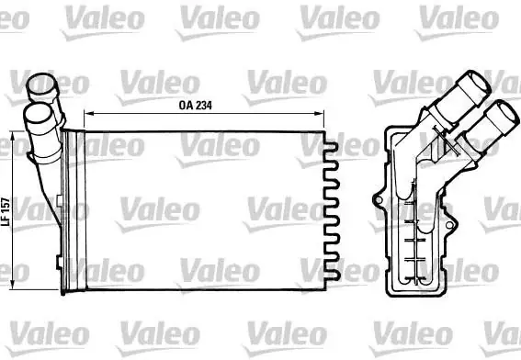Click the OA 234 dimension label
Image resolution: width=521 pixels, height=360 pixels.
point(195,106)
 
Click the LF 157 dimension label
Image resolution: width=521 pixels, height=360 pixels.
point(6,212)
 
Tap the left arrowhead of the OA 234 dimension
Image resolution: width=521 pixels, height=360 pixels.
point(87,114)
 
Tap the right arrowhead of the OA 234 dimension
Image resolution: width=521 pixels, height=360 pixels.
point(320,114)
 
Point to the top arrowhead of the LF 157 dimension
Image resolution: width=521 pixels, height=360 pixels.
point(13,134)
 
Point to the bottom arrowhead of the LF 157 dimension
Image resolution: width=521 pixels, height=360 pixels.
point(13,286)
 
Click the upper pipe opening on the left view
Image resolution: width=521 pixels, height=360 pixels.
point(41,84)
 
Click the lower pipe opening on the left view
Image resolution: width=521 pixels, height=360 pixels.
point(38,115)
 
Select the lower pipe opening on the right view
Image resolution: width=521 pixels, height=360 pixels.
point(506,114)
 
